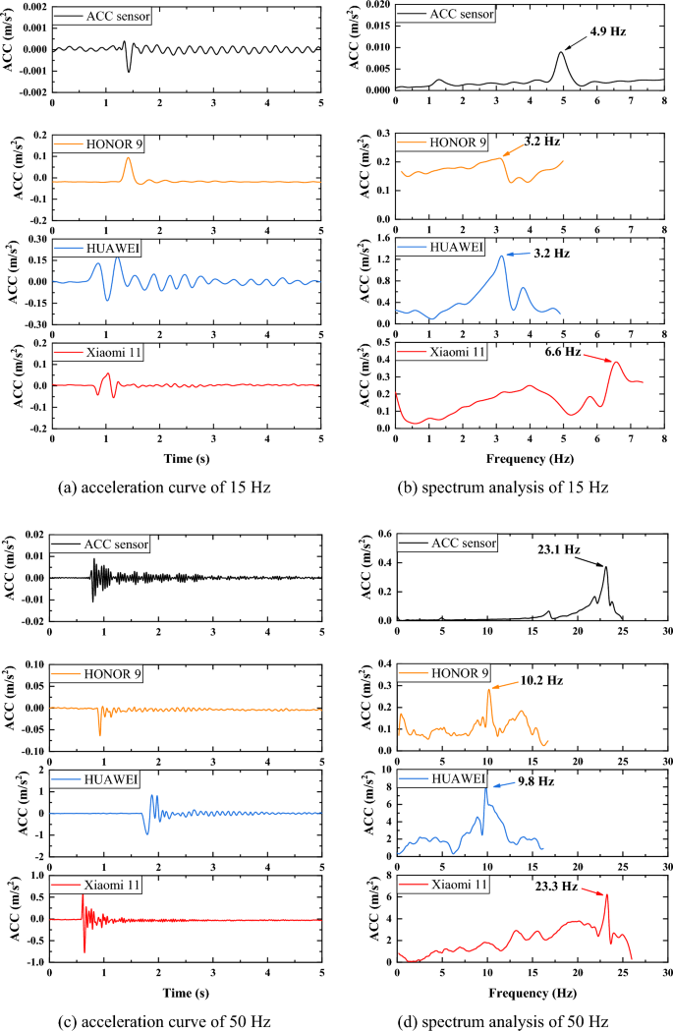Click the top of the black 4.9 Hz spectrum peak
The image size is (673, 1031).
561,52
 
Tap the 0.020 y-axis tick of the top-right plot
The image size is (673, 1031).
375,6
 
